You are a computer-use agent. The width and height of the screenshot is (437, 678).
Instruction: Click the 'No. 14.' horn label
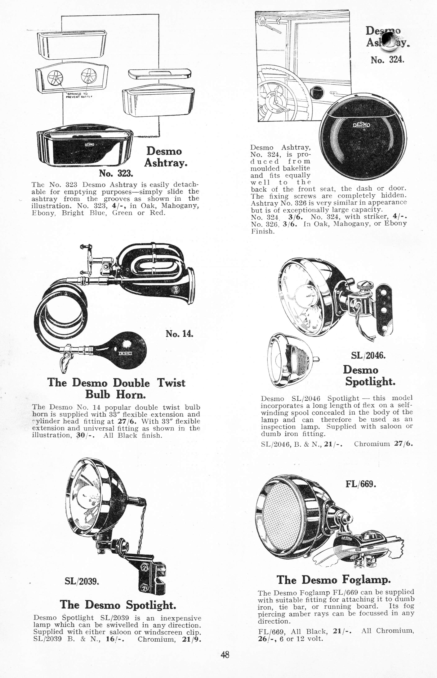point(179,334)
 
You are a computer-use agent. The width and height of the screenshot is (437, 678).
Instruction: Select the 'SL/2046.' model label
point(368,355)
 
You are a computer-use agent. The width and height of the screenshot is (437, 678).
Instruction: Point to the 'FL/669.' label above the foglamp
point(361,484)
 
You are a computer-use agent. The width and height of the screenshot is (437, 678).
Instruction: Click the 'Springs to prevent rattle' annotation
point(77,95)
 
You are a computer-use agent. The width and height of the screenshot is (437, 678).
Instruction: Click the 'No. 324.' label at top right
point(387,60)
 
